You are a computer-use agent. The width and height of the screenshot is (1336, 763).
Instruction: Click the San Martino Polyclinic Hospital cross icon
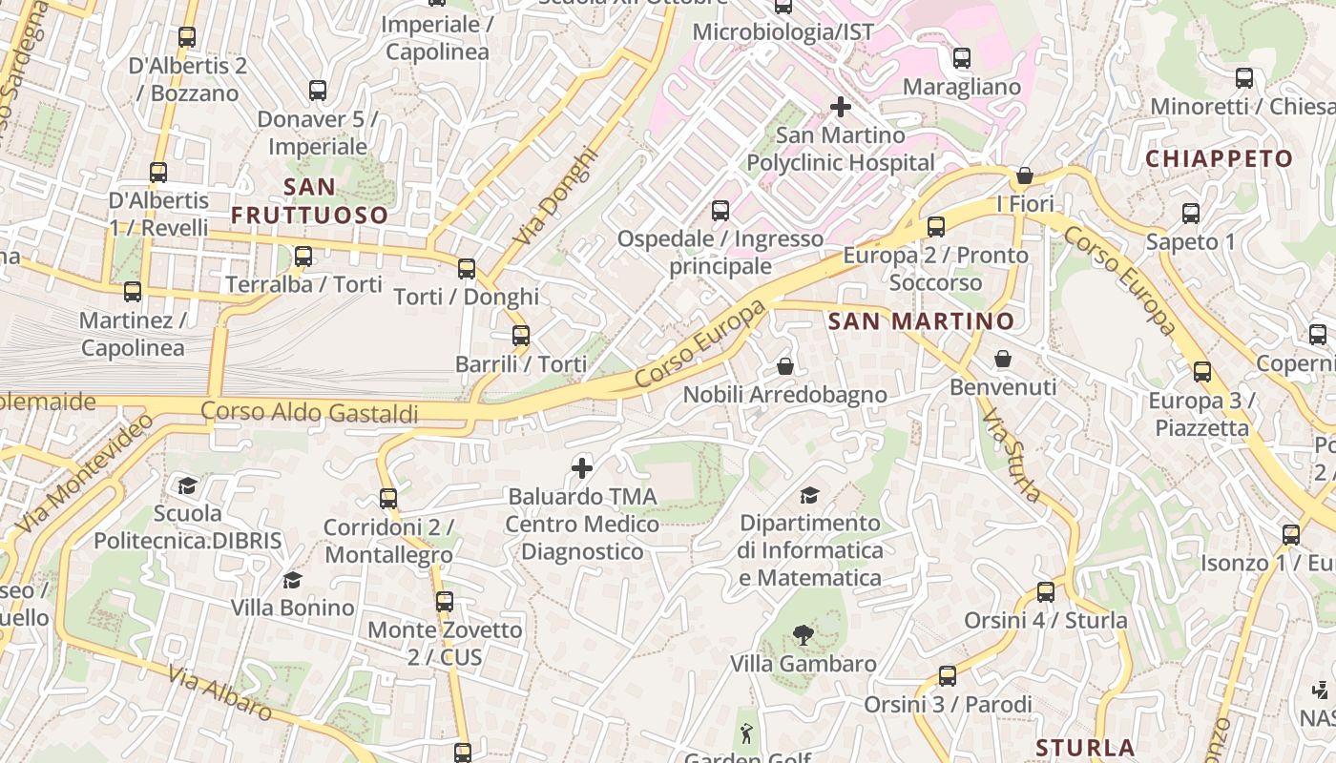[x=840, y=107]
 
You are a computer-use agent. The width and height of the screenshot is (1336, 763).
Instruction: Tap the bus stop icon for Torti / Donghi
[x=466, y=269]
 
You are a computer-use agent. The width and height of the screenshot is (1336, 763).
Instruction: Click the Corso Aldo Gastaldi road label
[x=310, y=413]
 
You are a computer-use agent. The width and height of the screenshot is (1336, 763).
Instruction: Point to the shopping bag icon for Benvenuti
[x=1003, y=359]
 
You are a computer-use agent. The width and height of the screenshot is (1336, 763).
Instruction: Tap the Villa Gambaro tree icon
[x=803, y=635]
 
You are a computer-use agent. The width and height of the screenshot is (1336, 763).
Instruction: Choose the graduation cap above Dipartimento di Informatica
[x=809, y=495]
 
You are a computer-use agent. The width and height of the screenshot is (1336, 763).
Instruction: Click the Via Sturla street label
[x=1012, y=456]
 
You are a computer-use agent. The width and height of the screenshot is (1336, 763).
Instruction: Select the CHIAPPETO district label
[x=1219, y=158]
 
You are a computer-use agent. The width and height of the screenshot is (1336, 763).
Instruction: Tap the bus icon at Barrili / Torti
[x=520, y=336]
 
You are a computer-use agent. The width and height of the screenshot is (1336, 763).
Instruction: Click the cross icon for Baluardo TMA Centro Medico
[x=581, y=467]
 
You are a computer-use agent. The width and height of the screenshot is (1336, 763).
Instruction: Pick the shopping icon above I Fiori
[x=1024, y=175]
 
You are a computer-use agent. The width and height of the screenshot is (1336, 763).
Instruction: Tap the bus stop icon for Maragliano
[x=962, y=58]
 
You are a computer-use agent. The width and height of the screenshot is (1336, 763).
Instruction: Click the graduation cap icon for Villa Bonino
[x=292, y=580]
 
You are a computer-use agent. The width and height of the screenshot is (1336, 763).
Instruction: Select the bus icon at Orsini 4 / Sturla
[x=1045, y=592]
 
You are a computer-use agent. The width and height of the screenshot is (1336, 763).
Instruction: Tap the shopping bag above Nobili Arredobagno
[x=784, y=366]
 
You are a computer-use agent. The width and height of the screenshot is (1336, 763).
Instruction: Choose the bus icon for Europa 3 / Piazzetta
[x=1201, y=372]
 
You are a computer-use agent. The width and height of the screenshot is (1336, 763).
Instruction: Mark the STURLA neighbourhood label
[x=1085, y=747]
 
